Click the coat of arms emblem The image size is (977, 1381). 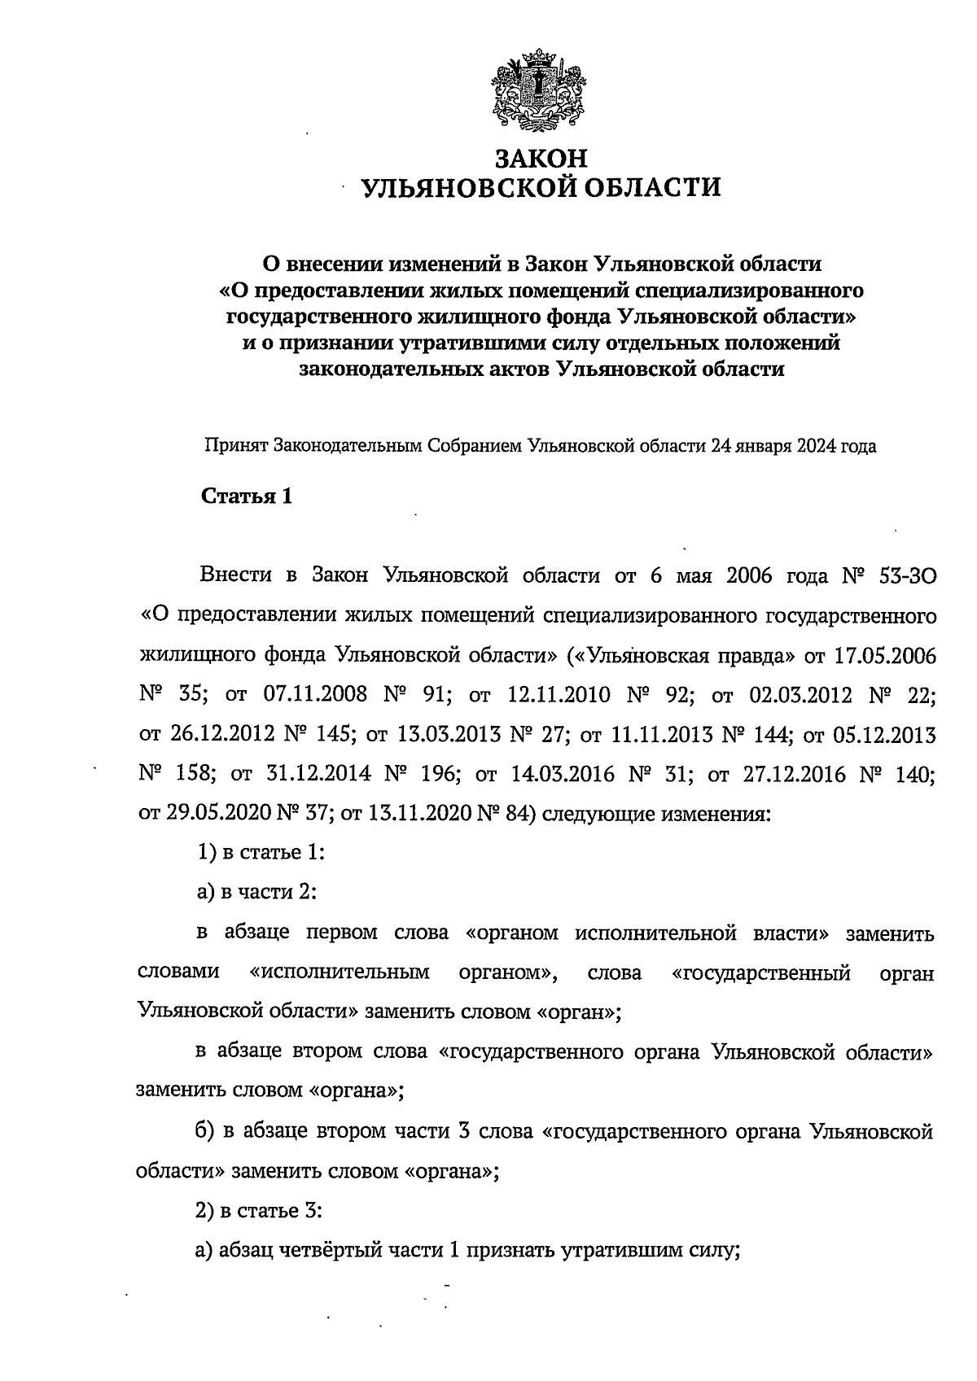pos(538,91)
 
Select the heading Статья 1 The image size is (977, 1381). pos(246,496)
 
